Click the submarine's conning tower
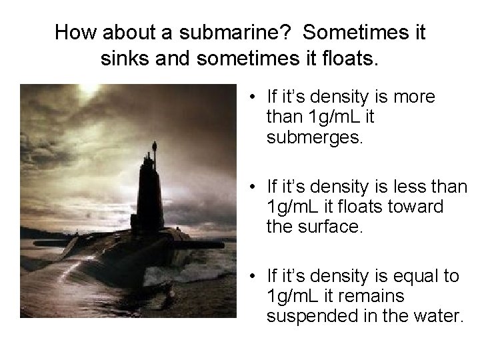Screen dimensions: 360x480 [155, 193]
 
